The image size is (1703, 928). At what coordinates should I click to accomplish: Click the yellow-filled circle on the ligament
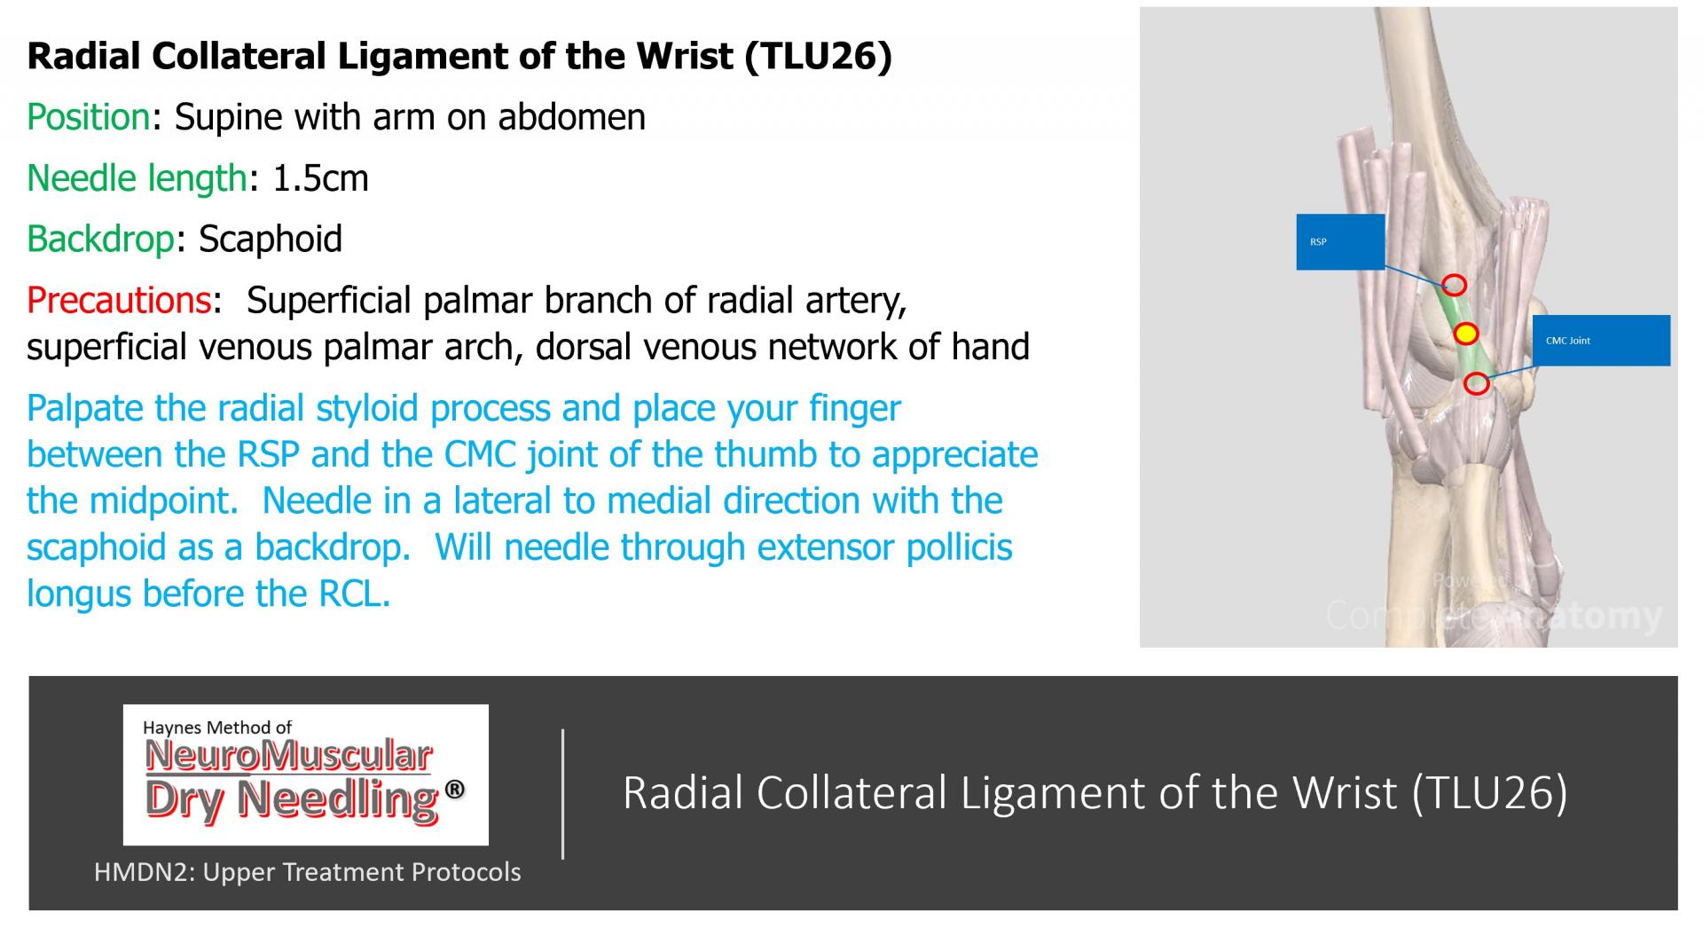point(1466,334)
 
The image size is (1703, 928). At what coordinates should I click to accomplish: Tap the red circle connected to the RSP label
point(1454,285)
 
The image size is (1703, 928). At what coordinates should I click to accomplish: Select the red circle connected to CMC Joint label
point(1476,384)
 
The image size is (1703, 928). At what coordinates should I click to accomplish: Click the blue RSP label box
point(1340,241)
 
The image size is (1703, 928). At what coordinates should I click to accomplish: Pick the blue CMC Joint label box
point(1601,340)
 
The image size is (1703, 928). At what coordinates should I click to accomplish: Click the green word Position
point(89,117)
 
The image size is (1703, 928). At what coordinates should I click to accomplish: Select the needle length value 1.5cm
point(320,178)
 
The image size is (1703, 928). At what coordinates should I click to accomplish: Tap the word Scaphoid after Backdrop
point(271,239)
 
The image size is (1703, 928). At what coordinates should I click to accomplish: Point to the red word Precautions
point(119,300)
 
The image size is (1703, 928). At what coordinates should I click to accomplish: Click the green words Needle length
point(137,178)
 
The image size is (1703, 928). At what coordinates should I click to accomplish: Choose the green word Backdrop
point(100,239)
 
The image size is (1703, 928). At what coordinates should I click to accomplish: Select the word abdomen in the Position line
point(571,117)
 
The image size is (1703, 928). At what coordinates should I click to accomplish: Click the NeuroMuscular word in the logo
point(289,757)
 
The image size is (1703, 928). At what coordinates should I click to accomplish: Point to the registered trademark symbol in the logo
point(454,789)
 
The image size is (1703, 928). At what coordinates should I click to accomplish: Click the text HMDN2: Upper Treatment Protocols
point(308,872)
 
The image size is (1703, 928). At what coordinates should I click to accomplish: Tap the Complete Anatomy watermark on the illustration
point(1494,615)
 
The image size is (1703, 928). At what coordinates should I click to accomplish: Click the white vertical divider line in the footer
point(563,794)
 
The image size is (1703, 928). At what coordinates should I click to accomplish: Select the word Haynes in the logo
point(172,728)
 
